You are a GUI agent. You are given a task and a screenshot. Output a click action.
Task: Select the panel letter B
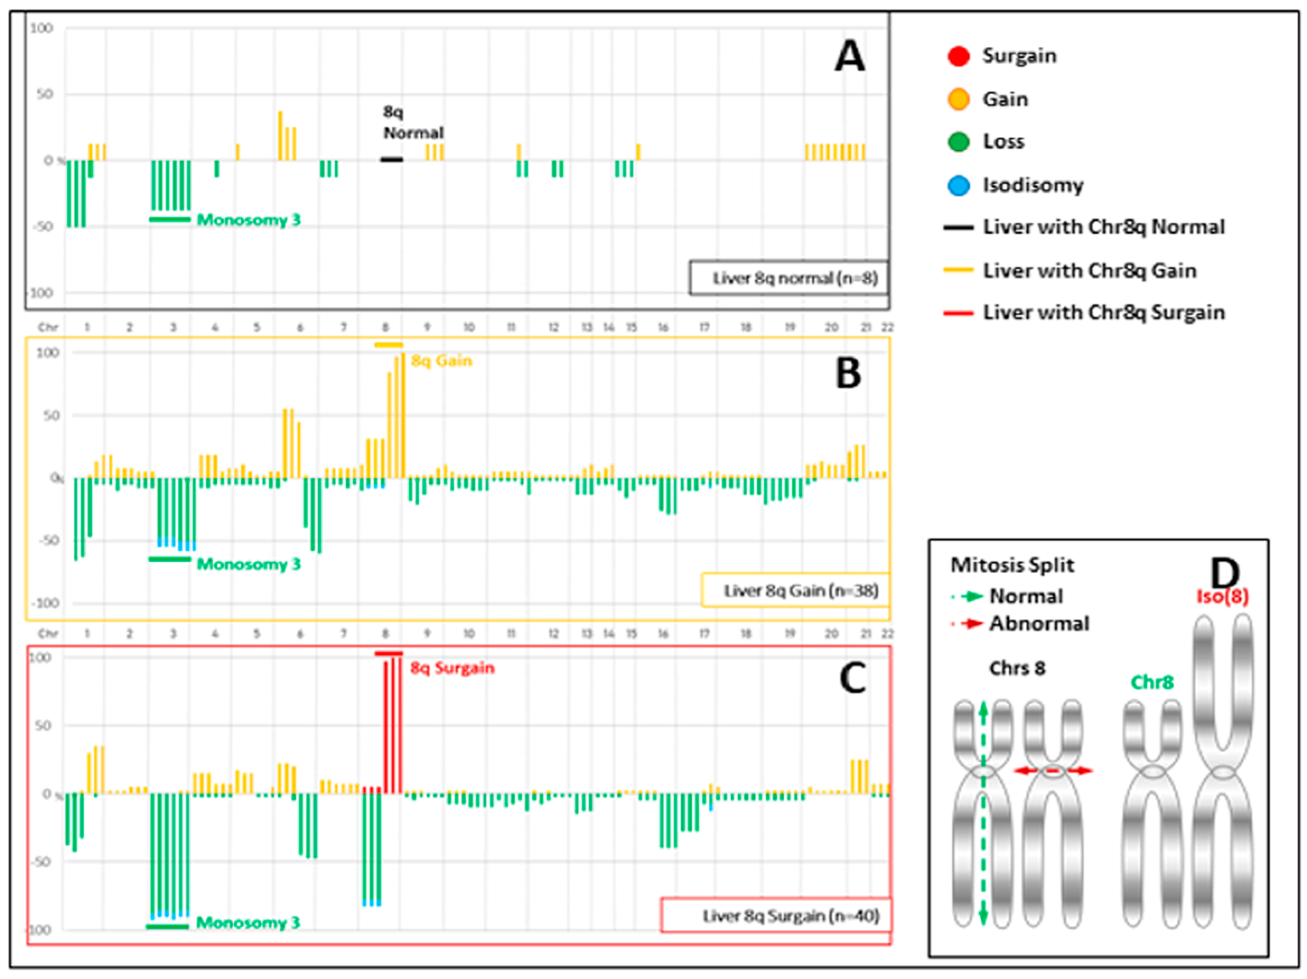[x=849, y=374]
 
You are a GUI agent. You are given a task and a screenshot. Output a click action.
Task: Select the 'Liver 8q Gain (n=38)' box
[x=795, y=590]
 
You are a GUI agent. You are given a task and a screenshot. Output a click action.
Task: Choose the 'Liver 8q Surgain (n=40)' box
[x=776, y=916]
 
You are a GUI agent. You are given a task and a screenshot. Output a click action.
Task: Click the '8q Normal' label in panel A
[x=413, y=122]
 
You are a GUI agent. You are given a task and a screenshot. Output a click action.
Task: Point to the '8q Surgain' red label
[x=452, y=668]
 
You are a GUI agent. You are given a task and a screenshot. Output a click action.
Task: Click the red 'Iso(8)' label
[x=1222, y=597]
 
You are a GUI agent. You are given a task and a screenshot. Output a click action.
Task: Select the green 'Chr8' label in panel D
[x=1151, y=683]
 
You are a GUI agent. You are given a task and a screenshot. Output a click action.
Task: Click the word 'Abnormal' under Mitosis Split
[x=1039, y=624]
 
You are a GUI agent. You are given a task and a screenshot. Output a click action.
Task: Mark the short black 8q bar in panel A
[x=391, y=159]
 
